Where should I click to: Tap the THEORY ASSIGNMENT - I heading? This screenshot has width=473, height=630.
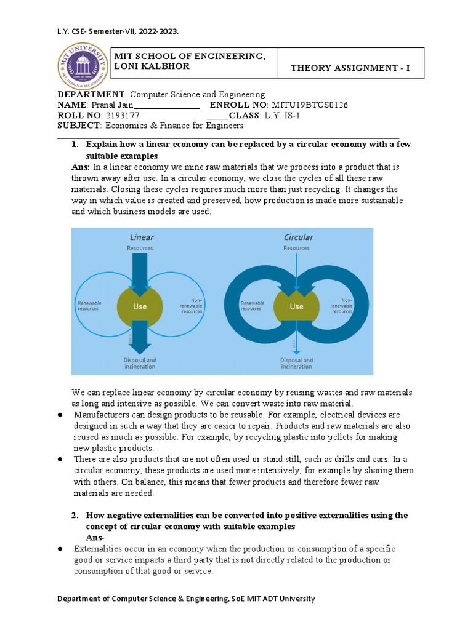click(x=350, y=68)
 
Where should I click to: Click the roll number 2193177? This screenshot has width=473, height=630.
click(x=123, y=115)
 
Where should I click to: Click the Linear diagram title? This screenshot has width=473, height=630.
click(x=142, y=237)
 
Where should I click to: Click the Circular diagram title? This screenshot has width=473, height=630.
click(x=298, y=237)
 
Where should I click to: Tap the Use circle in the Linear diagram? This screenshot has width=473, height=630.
click(x=140, y=306)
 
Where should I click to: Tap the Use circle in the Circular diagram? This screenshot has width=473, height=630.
click(x=297, y=306)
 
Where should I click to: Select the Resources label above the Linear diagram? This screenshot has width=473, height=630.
click(x=140, y=248)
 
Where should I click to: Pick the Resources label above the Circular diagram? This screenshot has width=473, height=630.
click(x=297, y=248)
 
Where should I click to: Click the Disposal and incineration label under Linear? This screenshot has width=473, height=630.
click(x=140, y=363)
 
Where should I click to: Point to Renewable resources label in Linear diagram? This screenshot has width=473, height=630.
click(x=90, y=306)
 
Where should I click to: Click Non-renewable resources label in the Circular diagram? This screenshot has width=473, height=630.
click(x=342, y=305)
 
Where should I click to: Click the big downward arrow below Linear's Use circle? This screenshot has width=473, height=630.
click(x=140, y=339)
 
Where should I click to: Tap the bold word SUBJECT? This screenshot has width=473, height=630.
click(x=78, y=126)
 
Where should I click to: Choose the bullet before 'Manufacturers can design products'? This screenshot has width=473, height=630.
click(x=61, y=415)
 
